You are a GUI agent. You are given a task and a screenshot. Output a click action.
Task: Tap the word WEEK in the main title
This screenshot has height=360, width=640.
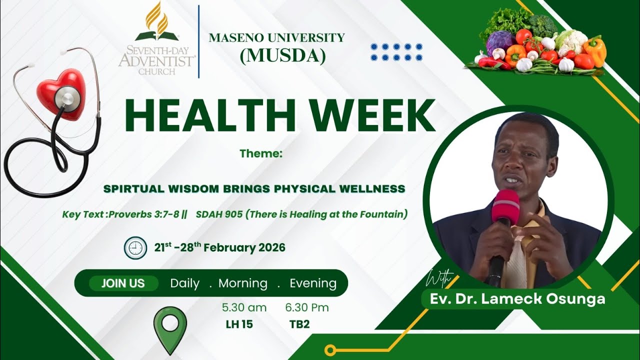tap(369, 116)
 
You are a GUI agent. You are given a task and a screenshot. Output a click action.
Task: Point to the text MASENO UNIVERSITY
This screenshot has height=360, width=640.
tap(276, 38)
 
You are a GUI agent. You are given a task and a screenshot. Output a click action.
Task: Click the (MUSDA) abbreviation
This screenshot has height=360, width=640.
tap(282, 56)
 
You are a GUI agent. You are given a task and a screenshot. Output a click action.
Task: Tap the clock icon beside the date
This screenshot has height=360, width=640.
tap(135, 248)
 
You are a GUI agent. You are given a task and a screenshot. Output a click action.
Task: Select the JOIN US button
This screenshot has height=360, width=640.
tap(123, 283)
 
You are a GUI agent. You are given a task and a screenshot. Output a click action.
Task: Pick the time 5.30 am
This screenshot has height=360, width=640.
tap(244, 307)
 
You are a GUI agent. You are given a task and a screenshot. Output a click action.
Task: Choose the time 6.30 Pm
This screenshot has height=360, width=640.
tap(307, 307)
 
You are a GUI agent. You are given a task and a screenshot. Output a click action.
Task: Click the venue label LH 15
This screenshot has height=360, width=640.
tap(239, 324)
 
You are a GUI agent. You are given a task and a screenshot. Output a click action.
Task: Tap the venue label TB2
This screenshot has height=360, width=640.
tap(299, 324)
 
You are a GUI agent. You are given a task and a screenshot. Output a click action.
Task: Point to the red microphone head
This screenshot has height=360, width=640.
tap(505, 206)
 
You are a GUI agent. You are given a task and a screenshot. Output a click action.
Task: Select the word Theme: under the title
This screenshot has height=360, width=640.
tap(261, 153)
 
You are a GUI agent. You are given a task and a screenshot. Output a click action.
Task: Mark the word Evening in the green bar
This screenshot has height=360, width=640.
tap(313, 283)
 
